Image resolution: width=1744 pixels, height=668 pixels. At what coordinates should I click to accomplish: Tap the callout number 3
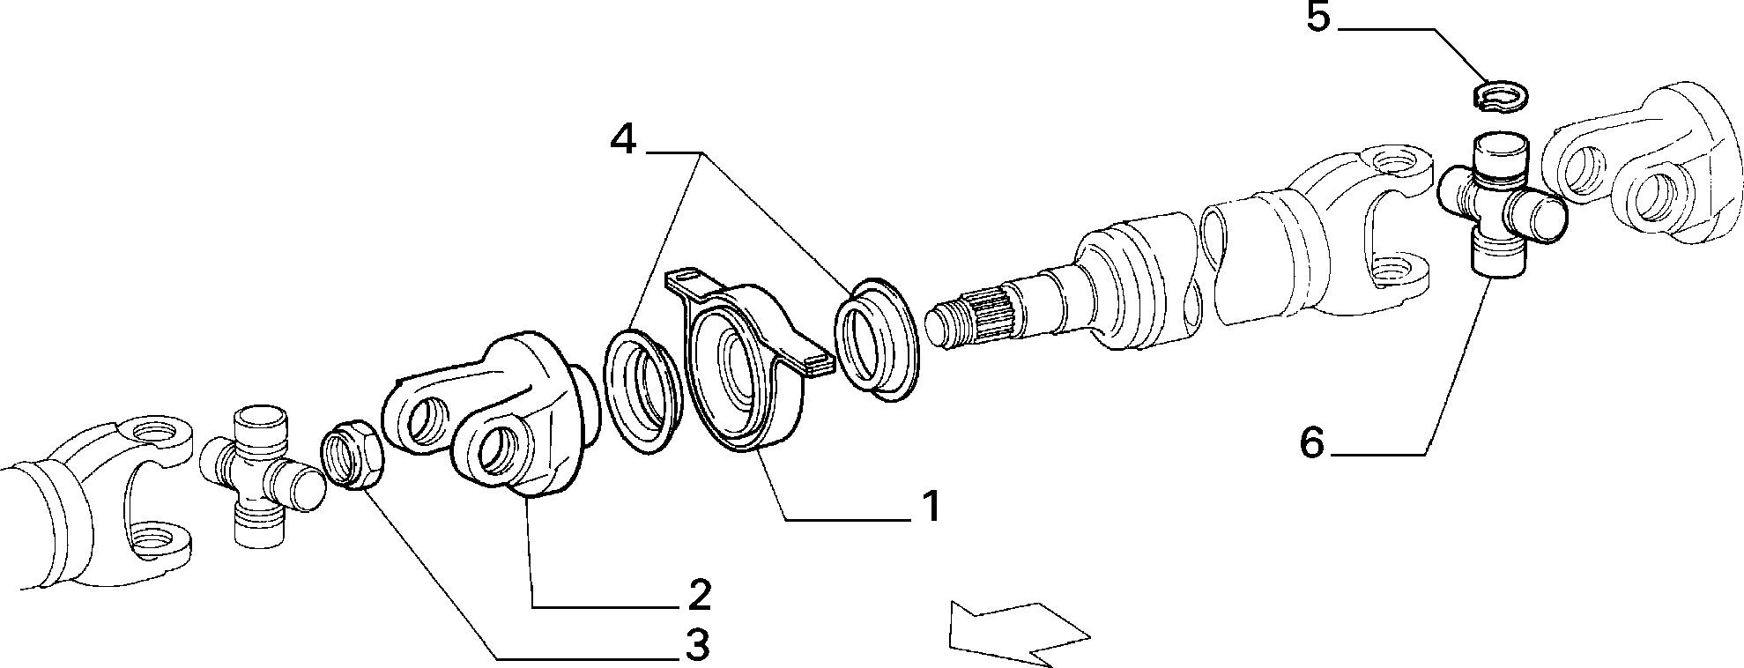[x=697, y=646]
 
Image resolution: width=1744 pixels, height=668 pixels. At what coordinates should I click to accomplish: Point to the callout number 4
[x=623, y=139]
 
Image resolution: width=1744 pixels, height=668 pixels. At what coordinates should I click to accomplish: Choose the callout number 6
[x=1312, y=442]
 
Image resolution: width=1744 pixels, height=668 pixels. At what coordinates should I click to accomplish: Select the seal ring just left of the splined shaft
[x=878, y=339]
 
